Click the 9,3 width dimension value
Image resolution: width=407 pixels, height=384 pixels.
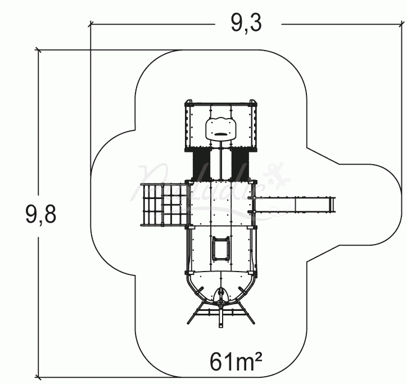pyautogui.click(x=247, y=23)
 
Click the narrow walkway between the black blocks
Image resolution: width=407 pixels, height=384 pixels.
pyautogui.click(x=221, y=164)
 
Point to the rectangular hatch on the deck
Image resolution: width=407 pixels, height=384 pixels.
pyautogui.click(x=220, y=248)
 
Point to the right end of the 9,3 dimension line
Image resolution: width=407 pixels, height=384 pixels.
pyautogui.click(x=404, y=24)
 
